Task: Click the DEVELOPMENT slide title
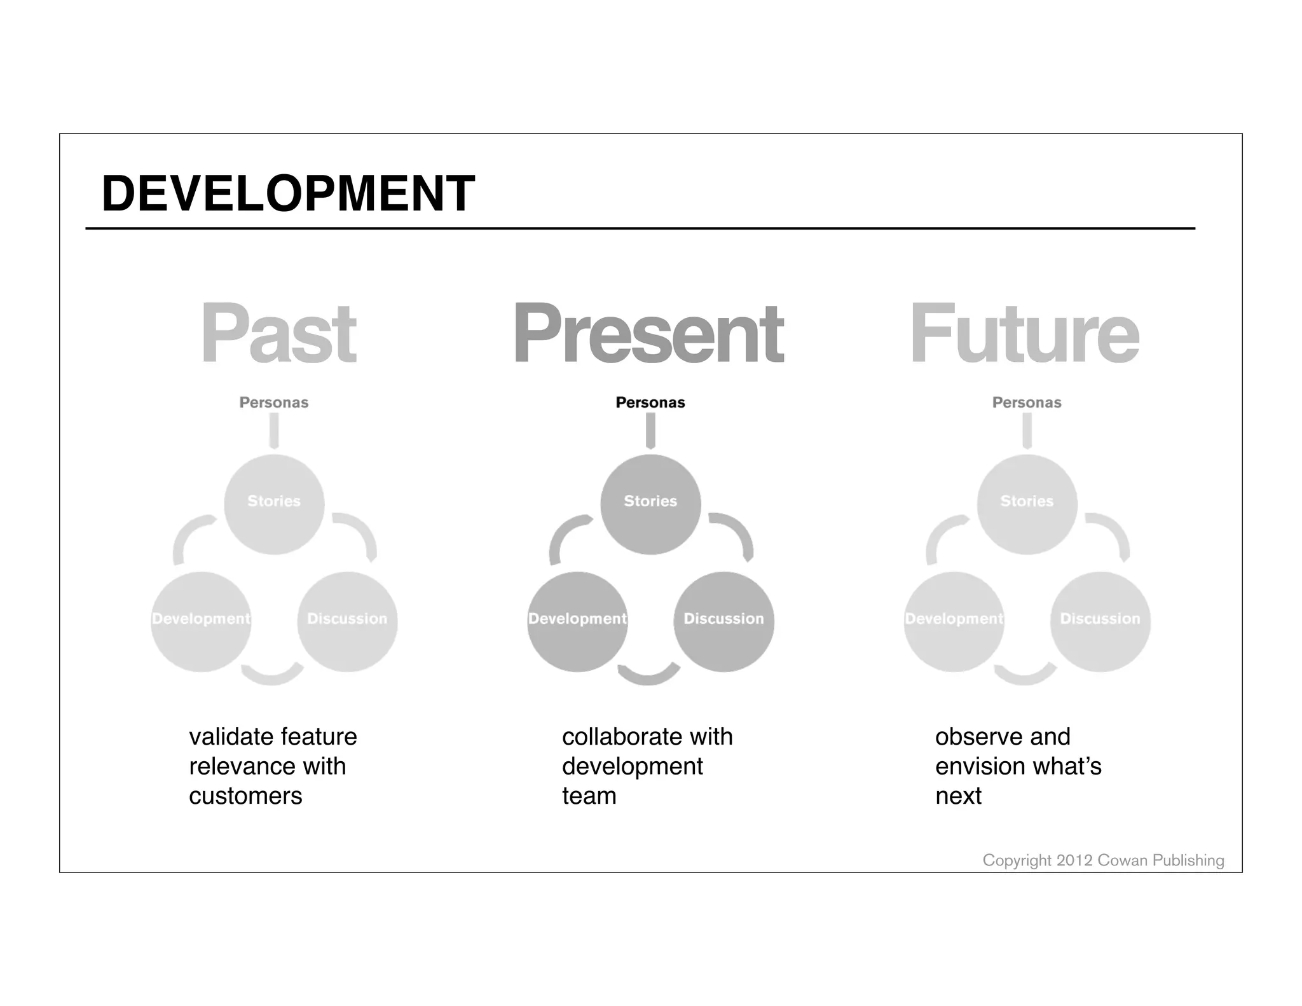288,193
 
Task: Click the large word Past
278,333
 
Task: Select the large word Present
648,333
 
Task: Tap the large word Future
1024,333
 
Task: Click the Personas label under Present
650,403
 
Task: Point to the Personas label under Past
274,403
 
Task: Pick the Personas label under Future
1027,403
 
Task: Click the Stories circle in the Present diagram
650,504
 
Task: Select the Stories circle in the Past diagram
274,504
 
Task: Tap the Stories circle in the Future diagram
1027,504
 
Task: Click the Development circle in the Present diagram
577,621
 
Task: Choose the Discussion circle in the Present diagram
723,621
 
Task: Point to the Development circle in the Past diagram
201,621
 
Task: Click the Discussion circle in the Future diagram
1100,621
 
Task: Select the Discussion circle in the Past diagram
347,621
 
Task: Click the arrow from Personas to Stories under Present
650,431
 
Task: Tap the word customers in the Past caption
245,796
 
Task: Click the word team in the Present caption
589,796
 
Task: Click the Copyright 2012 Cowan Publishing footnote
1103,860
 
